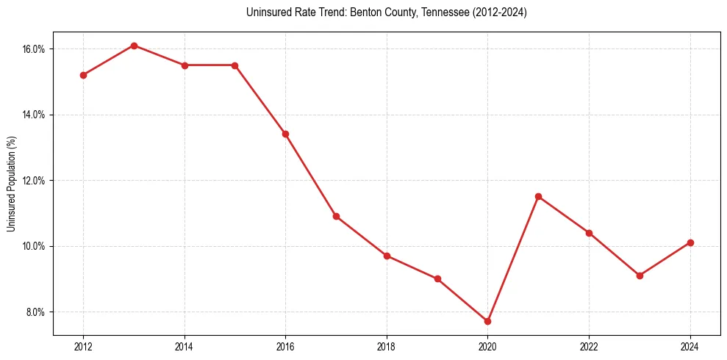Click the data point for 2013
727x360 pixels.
click(134, 46)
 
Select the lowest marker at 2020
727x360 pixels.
click(487, 321)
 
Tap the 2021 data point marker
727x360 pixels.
click(538, 196)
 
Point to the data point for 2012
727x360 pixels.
click(83, 75)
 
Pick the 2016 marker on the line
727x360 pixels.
click(285, 134)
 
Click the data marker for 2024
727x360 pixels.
click(690, 242)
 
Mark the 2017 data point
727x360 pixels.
click(336, 216)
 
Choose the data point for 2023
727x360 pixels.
click(640, 276)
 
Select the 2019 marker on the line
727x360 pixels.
click(437, 278)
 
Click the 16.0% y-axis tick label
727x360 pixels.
click(35, 49)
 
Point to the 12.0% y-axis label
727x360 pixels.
click(35, 181)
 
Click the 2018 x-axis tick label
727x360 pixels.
click(387, 347)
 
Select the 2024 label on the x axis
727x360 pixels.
click(690, 347)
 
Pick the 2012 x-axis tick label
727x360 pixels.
click(83, 347)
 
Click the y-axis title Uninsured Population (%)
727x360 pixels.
click(12, 184)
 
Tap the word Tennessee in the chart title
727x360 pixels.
click(440, 12)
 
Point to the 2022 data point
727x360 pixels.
click(589, 233)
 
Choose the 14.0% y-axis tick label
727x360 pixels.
click(35, 115)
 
